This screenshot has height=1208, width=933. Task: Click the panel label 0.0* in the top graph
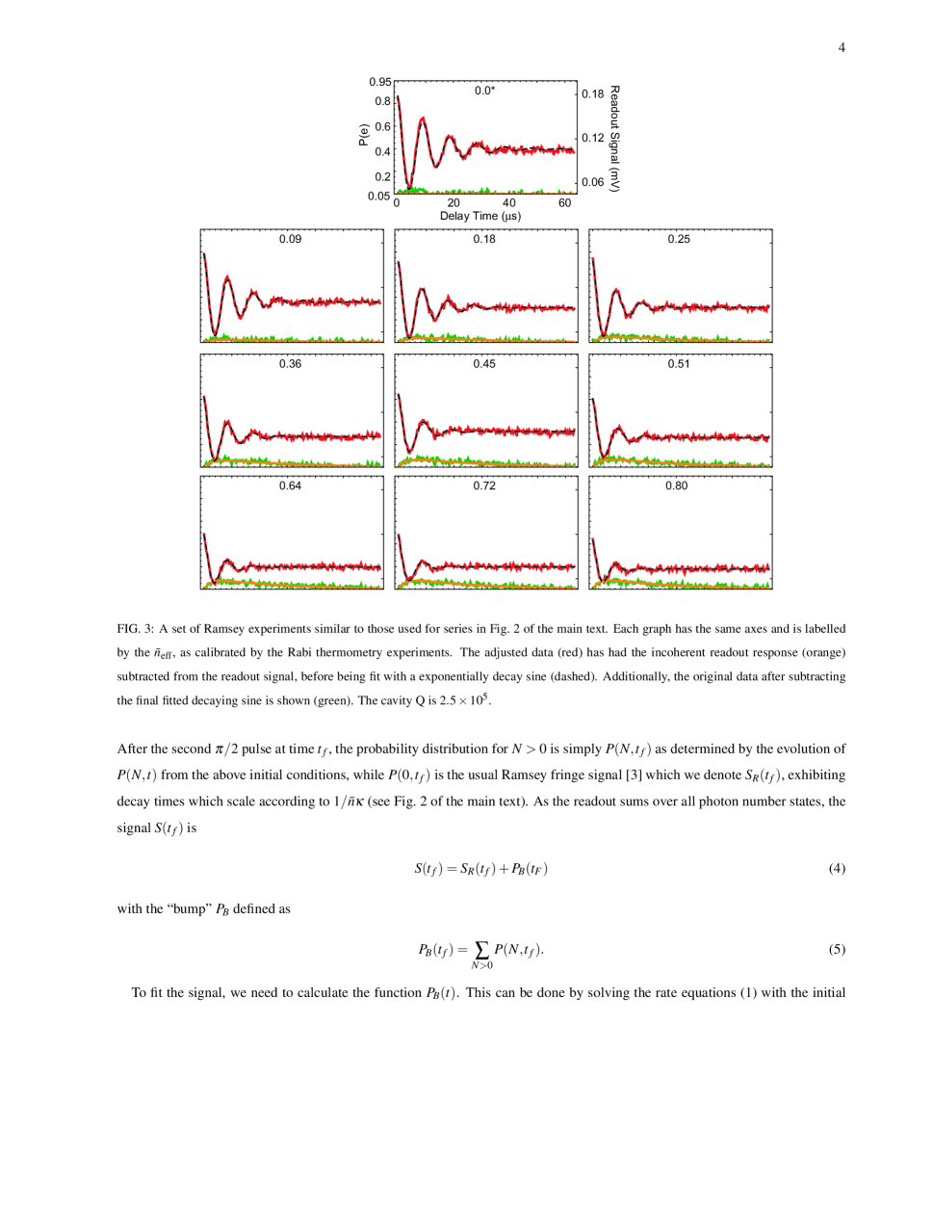[x=484, y=91]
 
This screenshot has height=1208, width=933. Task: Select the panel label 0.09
[x=290, y=239]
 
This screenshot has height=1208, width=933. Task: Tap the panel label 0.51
[x=679, y=364]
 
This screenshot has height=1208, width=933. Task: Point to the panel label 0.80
[x=677, y=486]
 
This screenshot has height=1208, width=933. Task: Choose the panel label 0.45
[x=484, y=364]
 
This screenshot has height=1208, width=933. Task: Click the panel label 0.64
[x=290, y=486]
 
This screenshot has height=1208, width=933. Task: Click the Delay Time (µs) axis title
[x=480, y=217]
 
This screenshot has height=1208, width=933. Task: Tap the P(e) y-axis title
[x=363, y=135]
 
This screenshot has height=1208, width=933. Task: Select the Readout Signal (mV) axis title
[x=614, y=138]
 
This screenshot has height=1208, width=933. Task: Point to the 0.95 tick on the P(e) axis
[x=379, y=82]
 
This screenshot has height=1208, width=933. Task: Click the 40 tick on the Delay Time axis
[x=509, y=203]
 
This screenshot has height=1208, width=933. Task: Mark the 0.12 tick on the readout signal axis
[x=593, y=138]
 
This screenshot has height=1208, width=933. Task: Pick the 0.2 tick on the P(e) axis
[x=382, y=177]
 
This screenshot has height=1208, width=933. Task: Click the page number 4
[x=842, y=47]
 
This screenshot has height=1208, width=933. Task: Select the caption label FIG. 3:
[x=136, y=629]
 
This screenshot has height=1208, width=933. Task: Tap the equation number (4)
[x=837, y=869]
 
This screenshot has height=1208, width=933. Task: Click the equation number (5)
[x=837, y=950]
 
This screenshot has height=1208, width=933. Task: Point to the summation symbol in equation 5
[x=481, y=950]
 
